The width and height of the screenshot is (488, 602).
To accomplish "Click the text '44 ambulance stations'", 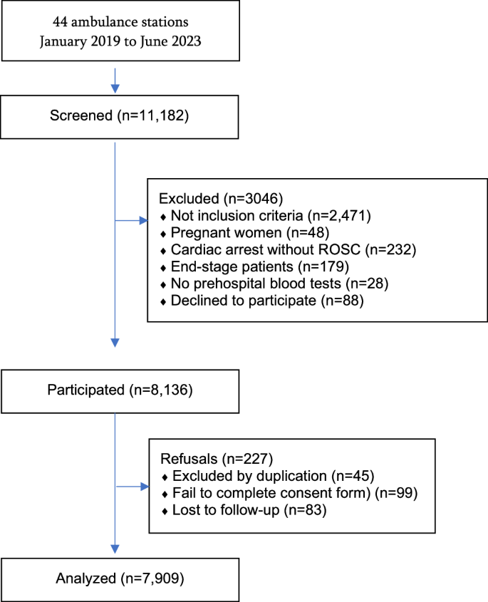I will click(115, 21).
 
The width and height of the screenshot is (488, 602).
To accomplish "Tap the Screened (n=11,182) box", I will click(115, 115).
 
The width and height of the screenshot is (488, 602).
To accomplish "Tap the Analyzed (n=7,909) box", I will click(115, 578).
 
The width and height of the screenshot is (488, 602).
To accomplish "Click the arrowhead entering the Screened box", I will click(115, 87).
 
